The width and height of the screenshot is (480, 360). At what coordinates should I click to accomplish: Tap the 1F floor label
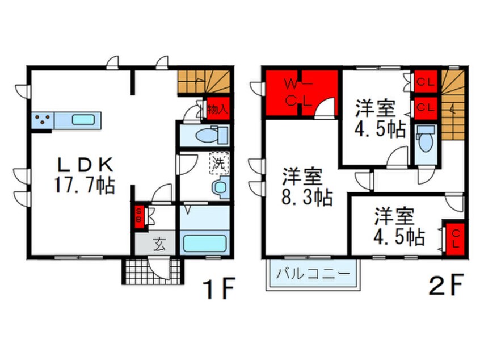pos(220,288)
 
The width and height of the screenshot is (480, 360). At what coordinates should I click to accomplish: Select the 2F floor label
pos(447,284)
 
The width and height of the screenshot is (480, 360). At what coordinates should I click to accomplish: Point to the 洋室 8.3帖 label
pos(307,187)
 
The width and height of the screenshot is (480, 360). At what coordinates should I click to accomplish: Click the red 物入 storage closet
pos(218,108)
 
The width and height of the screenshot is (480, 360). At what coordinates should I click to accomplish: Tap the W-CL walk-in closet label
pos(298,92)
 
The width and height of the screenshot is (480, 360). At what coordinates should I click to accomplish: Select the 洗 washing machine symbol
pos(219,164)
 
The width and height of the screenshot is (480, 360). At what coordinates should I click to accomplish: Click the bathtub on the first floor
pos(204,243)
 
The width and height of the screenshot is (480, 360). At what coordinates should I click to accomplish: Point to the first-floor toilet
pos(211,135)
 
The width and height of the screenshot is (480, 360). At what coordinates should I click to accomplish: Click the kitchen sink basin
pos(83,119)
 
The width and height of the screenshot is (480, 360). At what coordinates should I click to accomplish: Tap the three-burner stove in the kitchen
pos(43,120)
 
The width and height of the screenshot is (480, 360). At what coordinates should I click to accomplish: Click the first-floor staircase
pos(204,82)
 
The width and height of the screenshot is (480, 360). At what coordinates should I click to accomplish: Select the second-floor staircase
pos(453,104)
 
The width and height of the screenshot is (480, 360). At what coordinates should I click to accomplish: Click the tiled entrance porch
pos(153,271)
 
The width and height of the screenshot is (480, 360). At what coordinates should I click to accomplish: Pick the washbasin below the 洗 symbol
pos(220,187)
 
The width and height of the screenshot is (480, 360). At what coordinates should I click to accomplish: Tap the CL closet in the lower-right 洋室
pos(455,238)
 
